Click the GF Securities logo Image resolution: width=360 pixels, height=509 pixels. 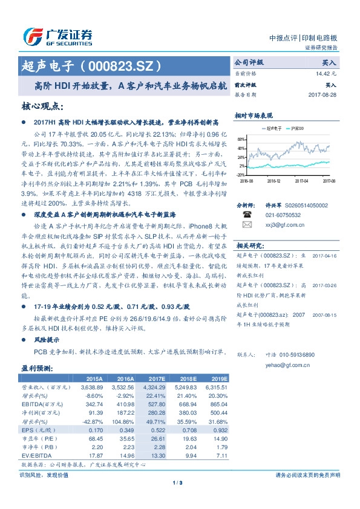(x=57, y=36)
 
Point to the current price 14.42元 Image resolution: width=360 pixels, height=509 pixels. (x=326, y=74)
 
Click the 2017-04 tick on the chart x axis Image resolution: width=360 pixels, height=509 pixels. (x=301, y=180)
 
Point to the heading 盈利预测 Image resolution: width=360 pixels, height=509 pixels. (x=35, y=366)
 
